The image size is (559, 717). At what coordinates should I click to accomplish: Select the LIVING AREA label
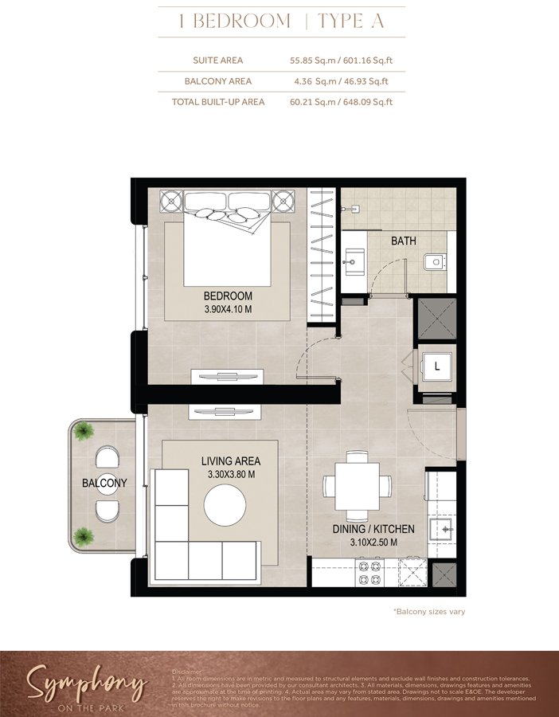230,460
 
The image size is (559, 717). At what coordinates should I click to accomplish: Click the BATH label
403,241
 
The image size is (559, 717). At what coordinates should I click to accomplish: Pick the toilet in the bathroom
435,261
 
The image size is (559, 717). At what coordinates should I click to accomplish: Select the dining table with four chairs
358,484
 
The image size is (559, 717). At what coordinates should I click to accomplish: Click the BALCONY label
104,483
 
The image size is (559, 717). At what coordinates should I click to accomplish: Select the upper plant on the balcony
82,432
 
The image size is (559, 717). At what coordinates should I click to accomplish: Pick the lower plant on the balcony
82,535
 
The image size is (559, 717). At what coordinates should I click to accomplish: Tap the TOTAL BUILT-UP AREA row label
218,102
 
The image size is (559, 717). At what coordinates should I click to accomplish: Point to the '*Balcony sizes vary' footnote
428,612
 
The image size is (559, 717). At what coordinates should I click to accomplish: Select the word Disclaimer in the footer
187,672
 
